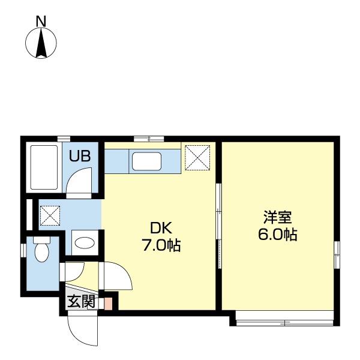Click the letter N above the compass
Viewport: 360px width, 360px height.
coord(41,21)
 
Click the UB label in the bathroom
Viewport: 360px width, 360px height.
coord(80,156)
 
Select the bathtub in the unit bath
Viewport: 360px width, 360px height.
coord(44,167)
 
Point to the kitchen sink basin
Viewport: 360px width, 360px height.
coord(146,161)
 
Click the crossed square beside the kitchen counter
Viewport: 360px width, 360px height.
coord(197,157)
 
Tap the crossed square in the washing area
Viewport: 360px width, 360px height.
coord(50,215)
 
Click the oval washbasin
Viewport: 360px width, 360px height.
coord(85,243)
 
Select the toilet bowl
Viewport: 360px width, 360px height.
coord(42,252)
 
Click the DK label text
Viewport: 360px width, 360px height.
coord(161,228)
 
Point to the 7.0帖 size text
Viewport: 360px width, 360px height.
coord(161,245)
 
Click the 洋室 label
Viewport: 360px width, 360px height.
coord(278,217)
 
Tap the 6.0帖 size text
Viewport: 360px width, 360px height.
coord(278,234)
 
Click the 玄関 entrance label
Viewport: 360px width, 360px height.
coord(81,301)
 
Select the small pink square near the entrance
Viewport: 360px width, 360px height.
coord(108,304)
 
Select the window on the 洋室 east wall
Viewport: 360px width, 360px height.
coord(337,254)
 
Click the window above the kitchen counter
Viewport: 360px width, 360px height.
coord(149,139)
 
